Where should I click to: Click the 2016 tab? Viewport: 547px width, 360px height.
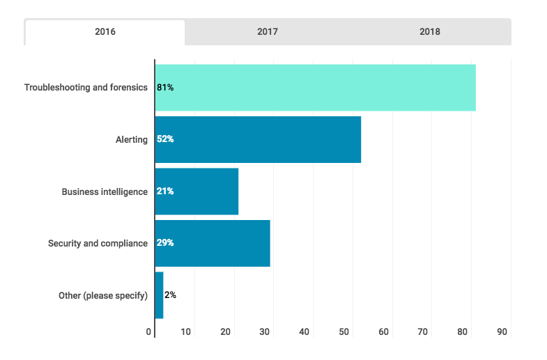[105, 32]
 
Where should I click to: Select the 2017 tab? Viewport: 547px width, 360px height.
[268, 32]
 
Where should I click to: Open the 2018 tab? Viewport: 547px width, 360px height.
[430, 32]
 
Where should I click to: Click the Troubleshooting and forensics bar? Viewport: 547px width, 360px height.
[315, 88]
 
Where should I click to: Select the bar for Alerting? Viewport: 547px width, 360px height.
[258, 139]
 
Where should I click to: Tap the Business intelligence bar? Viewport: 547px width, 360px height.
[197, 191]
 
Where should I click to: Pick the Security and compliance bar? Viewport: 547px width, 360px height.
[213, 243]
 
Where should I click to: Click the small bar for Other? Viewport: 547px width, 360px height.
[159, 295]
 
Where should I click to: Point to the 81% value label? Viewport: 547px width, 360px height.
[165, 88]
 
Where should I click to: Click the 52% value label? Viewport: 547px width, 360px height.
[165, 139]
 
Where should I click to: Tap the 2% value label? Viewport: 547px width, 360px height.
[170, 295]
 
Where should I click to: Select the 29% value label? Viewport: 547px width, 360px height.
[165, 243]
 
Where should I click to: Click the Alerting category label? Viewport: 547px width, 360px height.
[132, 139]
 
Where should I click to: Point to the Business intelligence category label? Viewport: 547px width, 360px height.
[105, 191]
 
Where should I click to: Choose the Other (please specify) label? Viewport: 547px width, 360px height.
[103, 295]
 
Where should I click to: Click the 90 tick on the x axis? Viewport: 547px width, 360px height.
[502, 332]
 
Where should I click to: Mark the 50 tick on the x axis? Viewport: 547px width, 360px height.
[344, 332]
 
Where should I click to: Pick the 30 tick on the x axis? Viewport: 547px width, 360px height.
[265, 332]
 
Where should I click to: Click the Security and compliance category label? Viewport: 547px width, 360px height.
[98, 243]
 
